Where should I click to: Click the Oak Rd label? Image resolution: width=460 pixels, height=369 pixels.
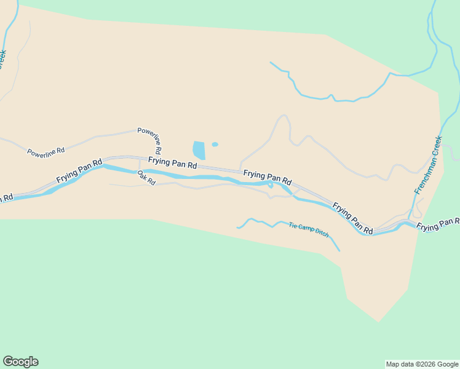[x=146, y=178]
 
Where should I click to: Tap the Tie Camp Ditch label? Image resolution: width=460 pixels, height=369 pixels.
[x=309, y=230]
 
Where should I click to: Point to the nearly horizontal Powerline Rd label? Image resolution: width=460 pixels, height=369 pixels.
[x=46, y=151]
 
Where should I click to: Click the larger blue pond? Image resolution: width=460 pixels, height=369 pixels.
[x=199, y=150]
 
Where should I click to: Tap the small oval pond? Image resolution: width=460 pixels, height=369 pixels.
[x=215, y=145]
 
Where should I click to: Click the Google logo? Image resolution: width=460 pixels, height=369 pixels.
[x=20, y=362]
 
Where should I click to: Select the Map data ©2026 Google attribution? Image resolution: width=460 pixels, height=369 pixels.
[x=422, y=364]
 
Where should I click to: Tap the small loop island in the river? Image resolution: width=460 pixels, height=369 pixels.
[x=270, y=184]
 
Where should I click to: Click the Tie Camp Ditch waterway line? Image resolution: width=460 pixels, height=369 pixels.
[x=258, y=221]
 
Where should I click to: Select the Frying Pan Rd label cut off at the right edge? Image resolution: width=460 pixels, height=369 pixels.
[x=438, y=224]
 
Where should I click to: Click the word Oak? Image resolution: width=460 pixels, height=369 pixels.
[x=141, y=175]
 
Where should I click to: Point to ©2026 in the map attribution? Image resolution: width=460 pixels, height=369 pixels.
[x=419, y=364]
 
